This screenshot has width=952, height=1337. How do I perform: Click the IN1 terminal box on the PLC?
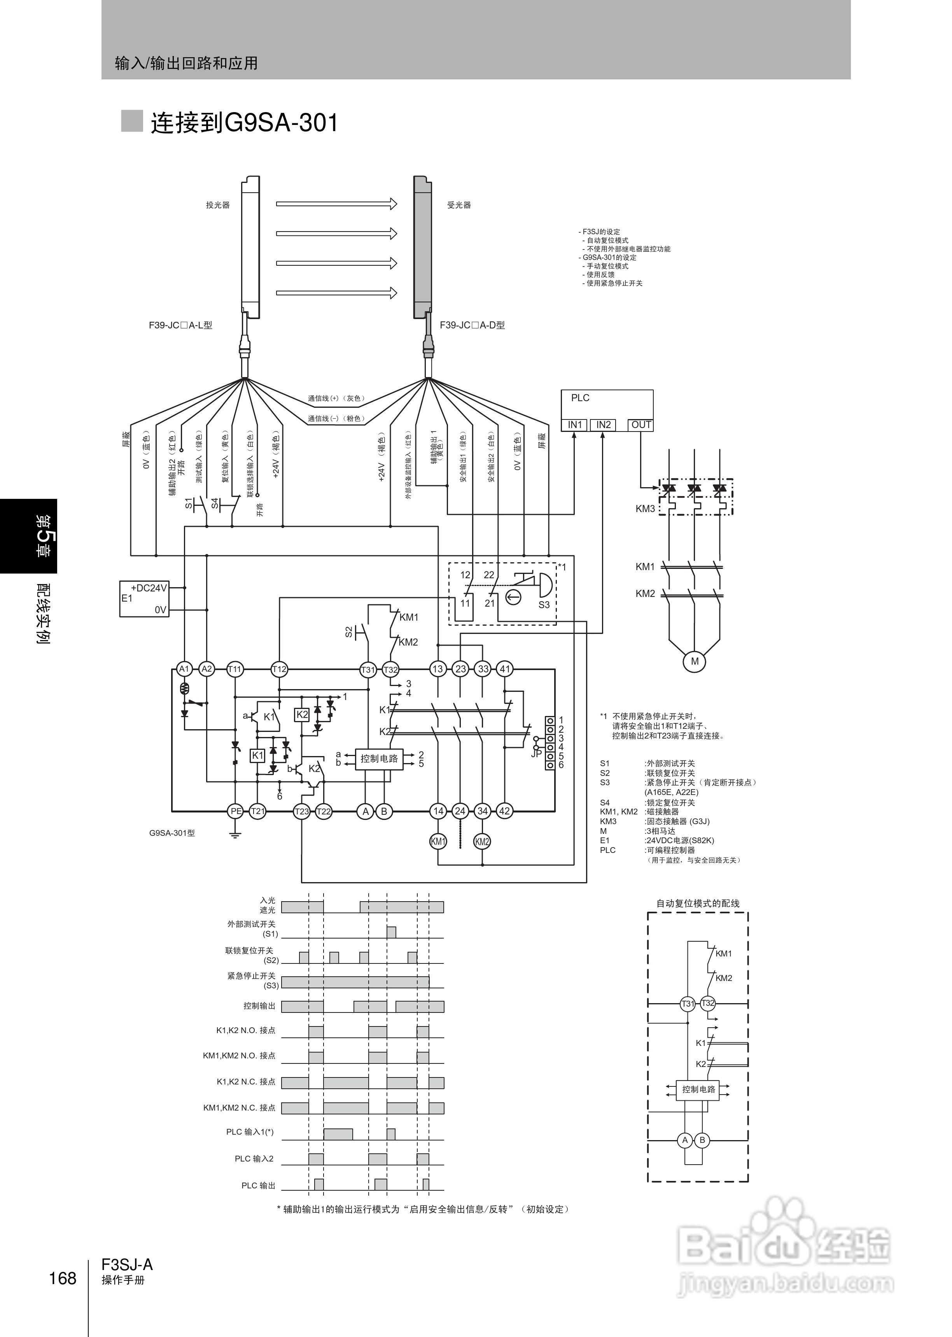coord(574,425)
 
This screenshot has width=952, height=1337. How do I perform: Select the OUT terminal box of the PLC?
coord(641,425)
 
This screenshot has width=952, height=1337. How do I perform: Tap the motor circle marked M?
coord(695,661)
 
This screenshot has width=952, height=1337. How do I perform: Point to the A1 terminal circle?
coord(184,669)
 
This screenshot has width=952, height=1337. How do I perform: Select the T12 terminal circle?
coord(279,669)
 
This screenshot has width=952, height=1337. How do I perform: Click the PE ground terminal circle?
coord(236,812)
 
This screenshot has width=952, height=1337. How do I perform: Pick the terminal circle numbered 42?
coord(504,812)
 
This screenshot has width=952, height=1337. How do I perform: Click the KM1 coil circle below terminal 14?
coord(438,842)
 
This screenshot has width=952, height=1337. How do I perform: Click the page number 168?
coord(63,1278)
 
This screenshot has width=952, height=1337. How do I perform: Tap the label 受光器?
coord(459,205)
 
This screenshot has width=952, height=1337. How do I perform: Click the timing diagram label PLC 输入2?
coord(254,1159)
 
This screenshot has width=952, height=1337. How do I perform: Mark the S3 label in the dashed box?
coord(544,605)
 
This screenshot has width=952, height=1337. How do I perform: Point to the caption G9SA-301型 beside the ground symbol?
coord(172,833)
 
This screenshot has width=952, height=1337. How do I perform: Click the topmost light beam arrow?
coord(336,204)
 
